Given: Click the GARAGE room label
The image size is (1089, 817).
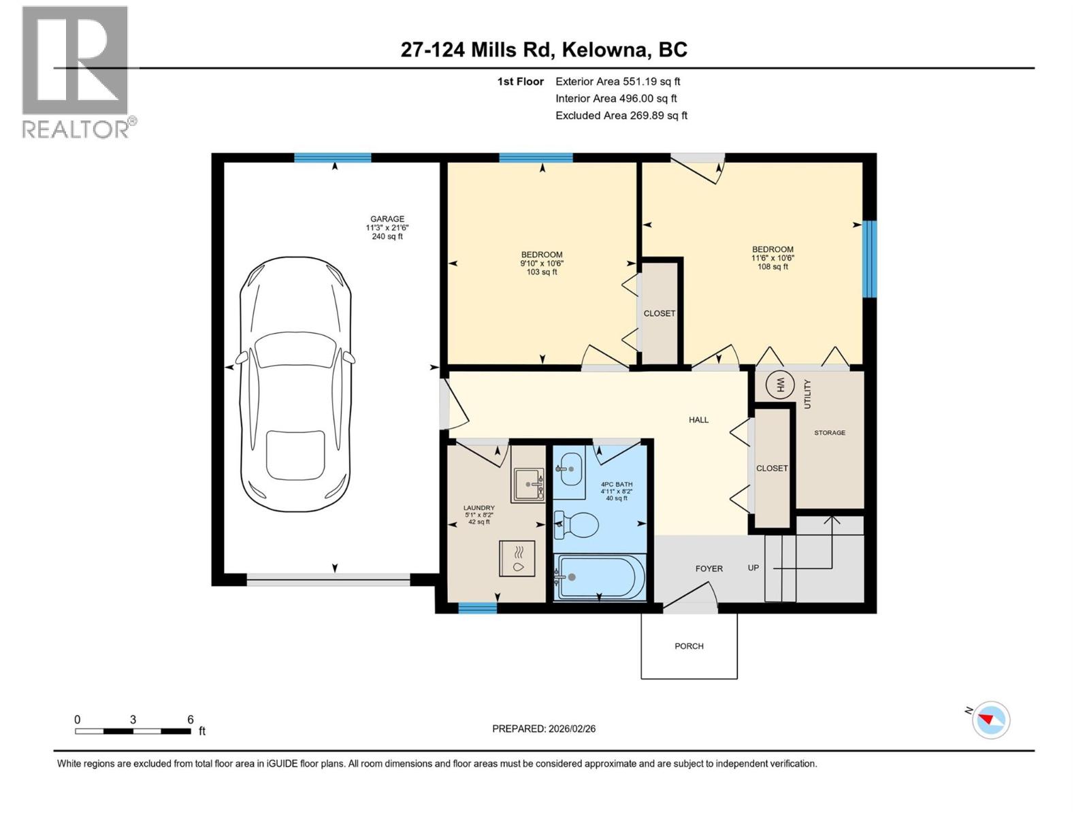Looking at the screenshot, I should [387, 219].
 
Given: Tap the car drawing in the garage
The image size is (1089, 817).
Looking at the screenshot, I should [295, 385].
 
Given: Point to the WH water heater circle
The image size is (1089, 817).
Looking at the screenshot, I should [780, 386].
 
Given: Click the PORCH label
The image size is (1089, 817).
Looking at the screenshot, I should [689, 646].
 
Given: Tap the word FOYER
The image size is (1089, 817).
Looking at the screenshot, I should [709, 568].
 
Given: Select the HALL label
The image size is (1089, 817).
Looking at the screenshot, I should [698, 420].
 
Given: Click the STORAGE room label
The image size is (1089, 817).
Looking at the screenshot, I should [830, 433].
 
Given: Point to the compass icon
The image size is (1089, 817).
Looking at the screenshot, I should [991, 720].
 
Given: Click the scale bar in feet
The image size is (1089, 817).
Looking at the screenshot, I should [133, 731].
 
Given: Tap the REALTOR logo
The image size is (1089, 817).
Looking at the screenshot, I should [76, 71].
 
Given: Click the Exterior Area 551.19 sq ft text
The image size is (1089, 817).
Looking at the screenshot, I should [617, 82].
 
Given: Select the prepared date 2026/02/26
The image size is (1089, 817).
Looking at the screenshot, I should [544, 728].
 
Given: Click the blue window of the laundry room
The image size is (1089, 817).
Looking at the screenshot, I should [477, 608].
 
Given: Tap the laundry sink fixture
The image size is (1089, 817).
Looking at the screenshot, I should [528, 485].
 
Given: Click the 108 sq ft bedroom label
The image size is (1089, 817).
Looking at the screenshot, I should [773, 258].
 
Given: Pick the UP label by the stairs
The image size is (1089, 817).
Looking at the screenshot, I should [753, 568].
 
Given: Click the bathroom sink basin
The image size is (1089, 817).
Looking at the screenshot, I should [570, 468].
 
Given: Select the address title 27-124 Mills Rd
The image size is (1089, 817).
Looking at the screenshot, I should [544, 50].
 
